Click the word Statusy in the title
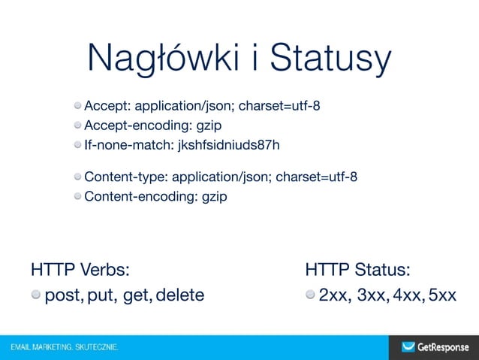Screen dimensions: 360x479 [331, 59]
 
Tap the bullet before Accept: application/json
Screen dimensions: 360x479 [78, 104]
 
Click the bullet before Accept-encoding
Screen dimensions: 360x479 [78, 124]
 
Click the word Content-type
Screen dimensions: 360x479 [125, 177]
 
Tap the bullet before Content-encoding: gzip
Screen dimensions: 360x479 [78, 197]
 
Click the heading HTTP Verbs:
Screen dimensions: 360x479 [80, 269]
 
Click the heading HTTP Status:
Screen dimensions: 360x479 [357, 269]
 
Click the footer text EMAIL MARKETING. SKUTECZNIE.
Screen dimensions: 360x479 [65, 348]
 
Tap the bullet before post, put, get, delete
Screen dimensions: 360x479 [36, 295]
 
